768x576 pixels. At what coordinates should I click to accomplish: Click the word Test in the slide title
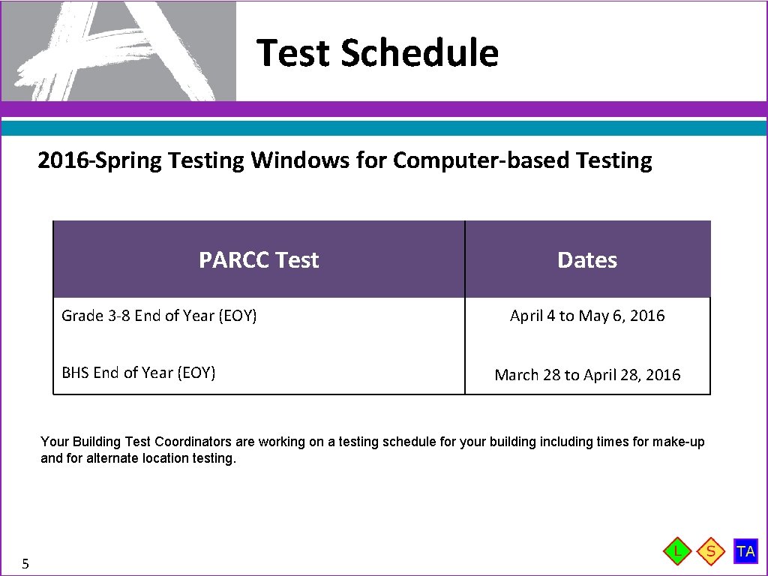pyautogui.click(x=294, y=52)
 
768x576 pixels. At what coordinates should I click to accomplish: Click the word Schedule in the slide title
pyautogui.click(x=419, y=52)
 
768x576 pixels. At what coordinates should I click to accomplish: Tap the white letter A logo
pyautogui.click(x=112, y=51)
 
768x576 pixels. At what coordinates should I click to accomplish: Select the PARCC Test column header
pyautogui.click(x=259, y=260)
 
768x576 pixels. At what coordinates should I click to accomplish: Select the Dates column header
pyautogui.click(x=587, y=260)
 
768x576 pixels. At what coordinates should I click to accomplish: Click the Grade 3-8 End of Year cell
pyautogui.click(x=159, y=316)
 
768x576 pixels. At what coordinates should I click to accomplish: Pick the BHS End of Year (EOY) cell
pyautogui.click(x=139, y=373)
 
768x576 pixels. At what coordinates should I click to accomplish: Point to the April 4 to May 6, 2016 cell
pyautogui.click(x=587, y=316)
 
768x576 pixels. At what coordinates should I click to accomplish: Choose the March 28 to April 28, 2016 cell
pyautogui.click(x=587, y=375)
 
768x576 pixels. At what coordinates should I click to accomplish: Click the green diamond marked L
pyautogui.click(x=678, y=551)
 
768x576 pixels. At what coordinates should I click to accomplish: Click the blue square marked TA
pyautogui.click(x=745, y=551)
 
